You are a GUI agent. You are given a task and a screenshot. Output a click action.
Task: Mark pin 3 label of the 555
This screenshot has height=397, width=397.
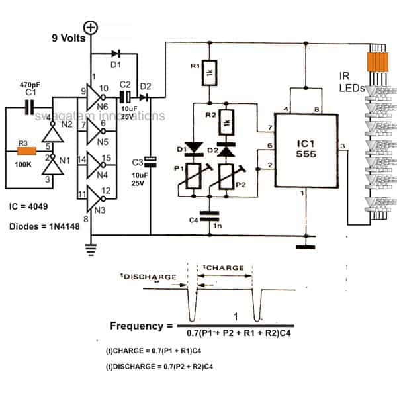click(341, 146)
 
